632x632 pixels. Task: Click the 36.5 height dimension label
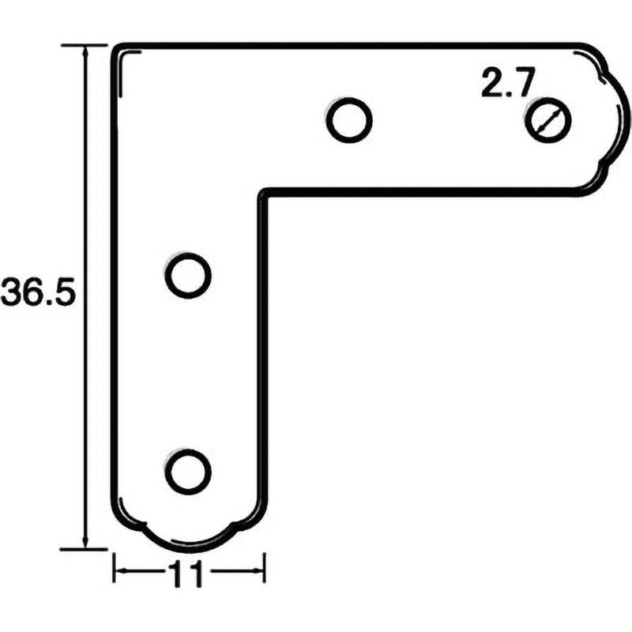[x=37, y=294]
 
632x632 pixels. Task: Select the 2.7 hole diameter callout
[x=509, y=83]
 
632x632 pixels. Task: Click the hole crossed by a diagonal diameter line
[x=547, y=120]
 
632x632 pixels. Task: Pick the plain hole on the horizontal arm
[x=348, y=121]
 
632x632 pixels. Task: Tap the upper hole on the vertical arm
[x=188, y=275]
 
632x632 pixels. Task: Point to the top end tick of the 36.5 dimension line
[x=84, y=46]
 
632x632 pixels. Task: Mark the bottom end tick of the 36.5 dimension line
[x=84, y=547]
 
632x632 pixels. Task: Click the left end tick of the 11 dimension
[x=115, y=569]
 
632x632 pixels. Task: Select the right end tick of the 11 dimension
[x=263, y=569]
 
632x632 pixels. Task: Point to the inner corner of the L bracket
[x=263, y=191]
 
